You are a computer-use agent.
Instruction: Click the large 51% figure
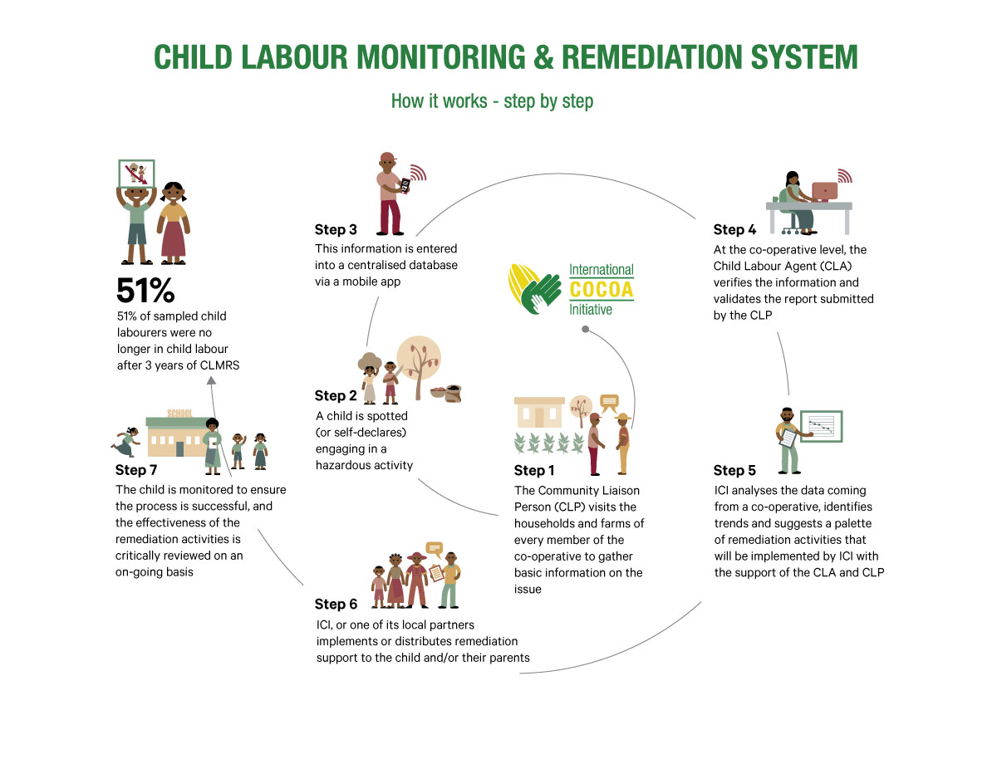click(145, 290)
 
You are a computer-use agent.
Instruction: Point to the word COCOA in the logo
click(601, 289)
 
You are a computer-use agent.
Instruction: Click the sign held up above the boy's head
click(136, 174)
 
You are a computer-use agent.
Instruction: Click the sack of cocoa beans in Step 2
click(452, 392)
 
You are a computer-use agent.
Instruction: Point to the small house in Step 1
click(538, 412)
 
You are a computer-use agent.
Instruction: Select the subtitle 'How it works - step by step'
click(492, 101)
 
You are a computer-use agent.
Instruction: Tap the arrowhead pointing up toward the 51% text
click(211, 380)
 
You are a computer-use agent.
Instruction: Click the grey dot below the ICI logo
click(586, 330)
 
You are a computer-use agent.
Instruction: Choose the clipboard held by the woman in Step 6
click(436, 572)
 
